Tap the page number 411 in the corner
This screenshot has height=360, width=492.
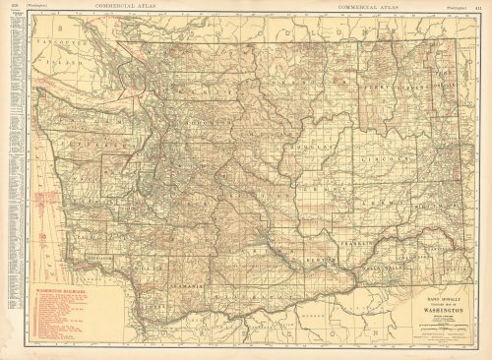coord(480,5)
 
